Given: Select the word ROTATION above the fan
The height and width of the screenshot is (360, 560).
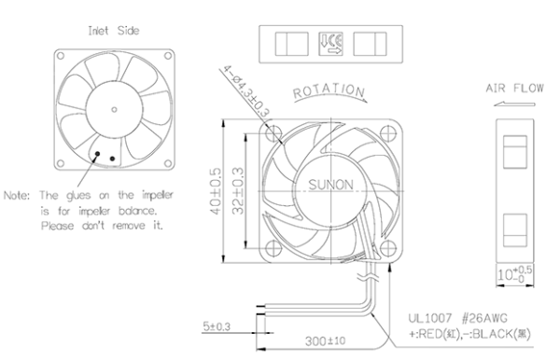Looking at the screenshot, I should (329, 92).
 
